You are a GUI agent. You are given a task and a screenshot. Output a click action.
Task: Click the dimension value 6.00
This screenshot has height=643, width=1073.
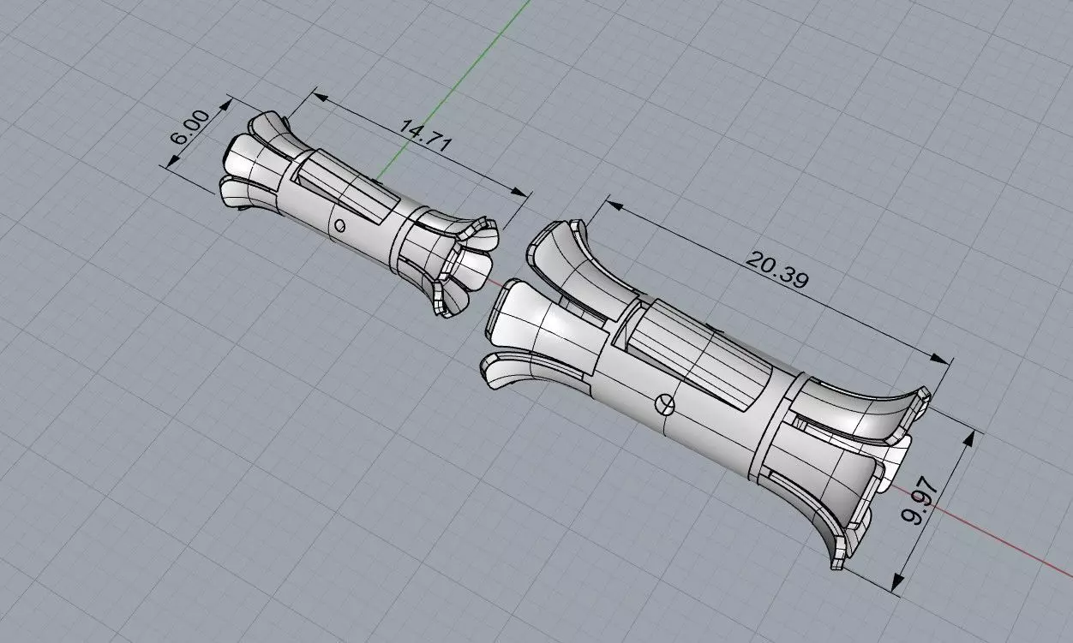pyautogui.click(x=190, y=127)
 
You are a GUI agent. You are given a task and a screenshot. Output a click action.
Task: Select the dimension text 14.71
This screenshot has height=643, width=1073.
pyautogui.click(x=425, y=135)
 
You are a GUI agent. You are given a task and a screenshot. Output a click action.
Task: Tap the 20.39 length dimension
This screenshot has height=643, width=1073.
pyautogui.click(x=777, y=270)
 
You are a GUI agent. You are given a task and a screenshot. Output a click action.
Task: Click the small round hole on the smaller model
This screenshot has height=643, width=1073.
pyautogui.click(x=339, y=225)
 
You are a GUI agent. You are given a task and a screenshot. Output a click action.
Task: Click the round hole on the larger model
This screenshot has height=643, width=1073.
pyautogui.click(x=664, y=405)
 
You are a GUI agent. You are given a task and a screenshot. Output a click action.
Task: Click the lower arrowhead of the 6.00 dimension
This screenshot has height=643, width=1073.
pyautogui.click(x=173, y=161)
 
